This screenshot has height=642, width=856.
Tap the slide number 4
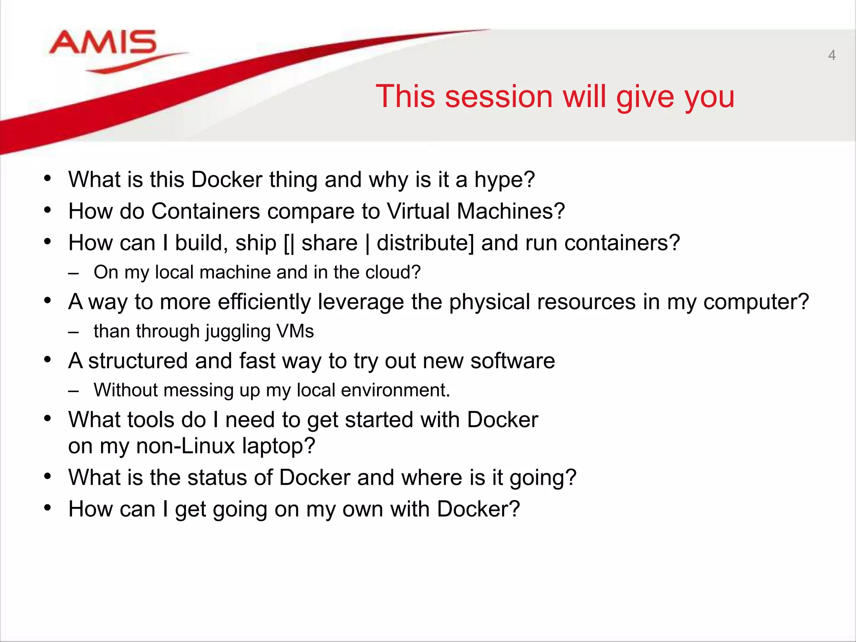[832, 56]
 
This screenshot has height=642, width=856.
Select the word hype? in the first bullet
[504, 180]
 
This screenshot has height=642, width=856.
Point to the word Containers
[205, 211]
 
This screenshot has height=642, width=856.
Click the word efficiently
[264, 302]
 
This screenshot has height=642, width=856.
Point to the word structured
[138, 361]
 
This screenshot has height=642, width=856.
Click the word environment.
[395, 390]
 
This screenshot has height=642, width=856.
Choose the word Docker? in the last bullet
[478, 509]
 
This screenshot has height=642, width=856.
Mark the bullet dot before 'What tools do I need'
[48, 418]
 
